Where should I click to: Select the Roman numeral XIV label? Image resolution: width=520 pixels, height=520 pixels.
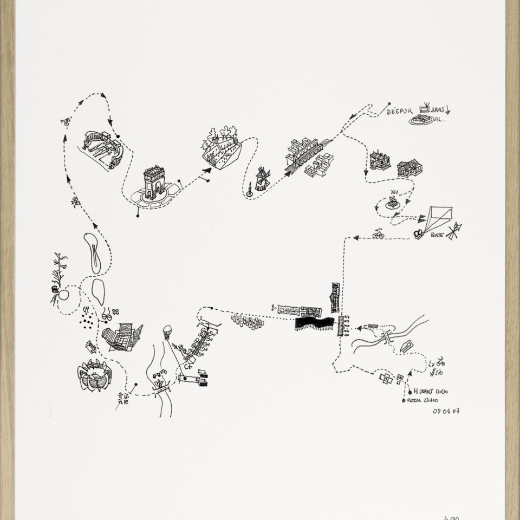(393, 192)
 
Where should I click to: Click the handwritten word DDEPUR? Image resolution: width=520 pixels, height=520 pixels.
(400, 111)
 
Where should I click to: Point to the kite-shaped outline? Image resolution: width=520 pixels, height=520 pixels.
(437, 219)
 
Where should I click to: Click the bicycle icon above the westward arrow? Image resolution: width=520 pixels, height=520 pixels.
(378, 234)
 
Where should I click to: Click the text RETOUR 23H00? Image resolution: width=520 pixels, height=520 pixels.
(423, 400)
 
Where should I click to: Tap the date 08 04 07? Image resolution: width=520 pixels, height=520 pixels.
(446, 411)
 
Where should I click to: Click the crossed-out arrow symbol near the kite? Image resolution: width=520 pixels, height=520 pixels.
(453, 230)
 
